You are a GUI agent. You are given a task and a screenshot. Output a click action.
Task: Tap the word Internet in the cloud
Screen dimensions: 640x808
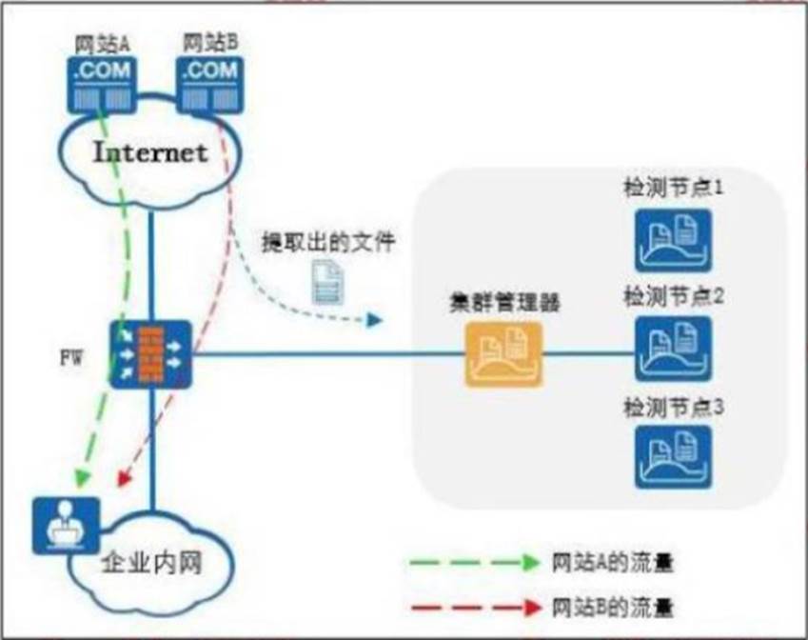coord(150,152)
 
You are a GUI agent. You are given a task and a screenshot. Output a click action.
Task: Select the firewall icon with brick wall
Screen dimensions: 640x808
coord(150,353)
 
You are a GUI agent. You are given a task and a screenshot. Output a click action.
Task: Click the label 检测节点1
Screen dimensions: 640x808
coord(674,188)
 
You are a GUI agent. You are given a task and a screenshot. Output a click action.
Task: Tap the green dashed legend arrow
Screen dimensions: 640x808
coord(471,563)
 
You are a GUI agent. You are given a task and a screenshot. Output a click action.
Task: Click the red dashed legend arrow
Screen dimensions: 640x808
coord(471,606)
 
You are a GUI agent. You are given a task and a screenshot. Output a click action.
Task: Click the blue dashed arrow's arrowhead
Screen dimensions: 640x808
coord(373,322)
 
